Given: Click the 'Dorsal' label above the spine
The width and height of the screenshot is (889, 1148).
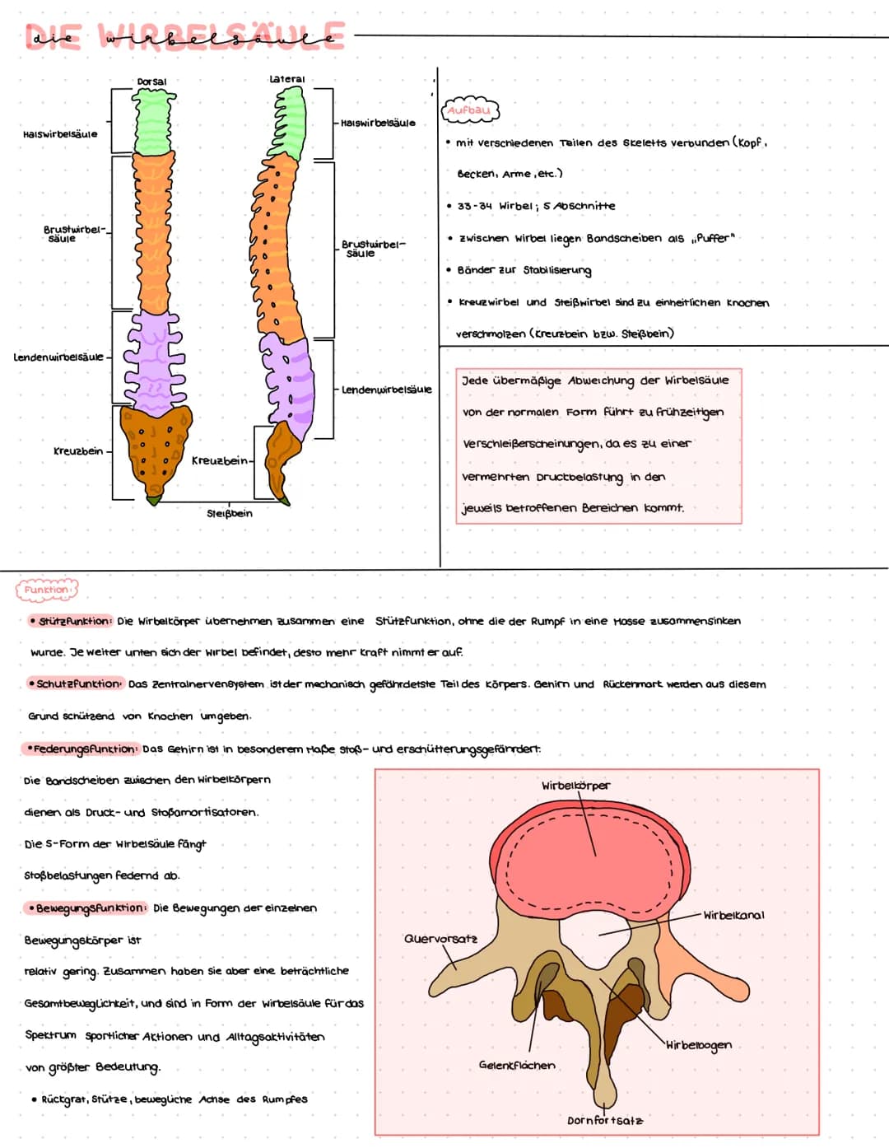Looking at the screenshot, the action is pos(151,82).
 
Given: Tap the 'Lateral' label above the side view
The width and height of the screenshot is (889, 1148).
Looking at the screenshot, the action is pos(287,79).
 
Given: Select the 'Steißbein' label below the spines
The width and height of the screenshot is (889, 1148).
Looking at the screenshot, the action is pos(230,514).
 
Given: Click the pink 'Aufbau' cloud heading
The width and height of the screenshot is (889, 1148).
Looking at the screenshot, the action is pos(469,111).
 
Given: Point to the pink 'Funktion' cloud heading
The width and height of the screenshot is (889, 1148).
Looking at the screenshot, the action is pos(47,590).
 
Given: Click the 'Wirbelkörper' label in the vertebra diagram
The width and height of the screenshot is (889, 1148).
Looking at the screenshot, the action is pos(576,786).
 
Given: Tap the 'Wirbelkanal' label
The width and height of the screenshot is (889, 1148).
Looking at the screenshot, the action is pos(733,916).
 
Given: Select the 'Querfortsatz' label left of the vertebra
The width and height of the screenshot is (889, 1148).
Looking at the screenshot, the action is pos(440,939).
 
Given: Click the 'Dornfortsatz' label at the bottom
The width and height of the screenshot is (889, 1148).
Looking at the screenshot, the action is pos(605,1121).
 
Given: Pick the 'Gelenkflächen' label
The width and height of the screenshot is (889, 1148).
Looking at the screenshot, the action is pos(517,1065).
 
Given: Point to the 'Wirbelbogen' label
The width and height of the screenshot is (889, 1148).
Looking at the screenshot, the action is pos(698,1046).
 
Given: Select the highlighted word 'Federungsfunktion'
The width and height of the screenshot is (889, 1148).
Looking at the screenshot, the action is pos(81,749).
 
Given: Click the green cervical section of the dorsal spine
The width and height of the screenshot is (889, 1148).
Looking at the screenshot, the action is pos(154,121).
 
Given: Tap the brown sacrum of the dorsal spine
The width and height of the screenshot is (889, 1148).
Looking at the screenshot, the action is pos(156,449).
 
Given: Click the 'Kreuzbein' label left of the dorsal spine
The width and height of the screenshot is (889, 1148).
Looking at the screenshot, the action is pos(78,451).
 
